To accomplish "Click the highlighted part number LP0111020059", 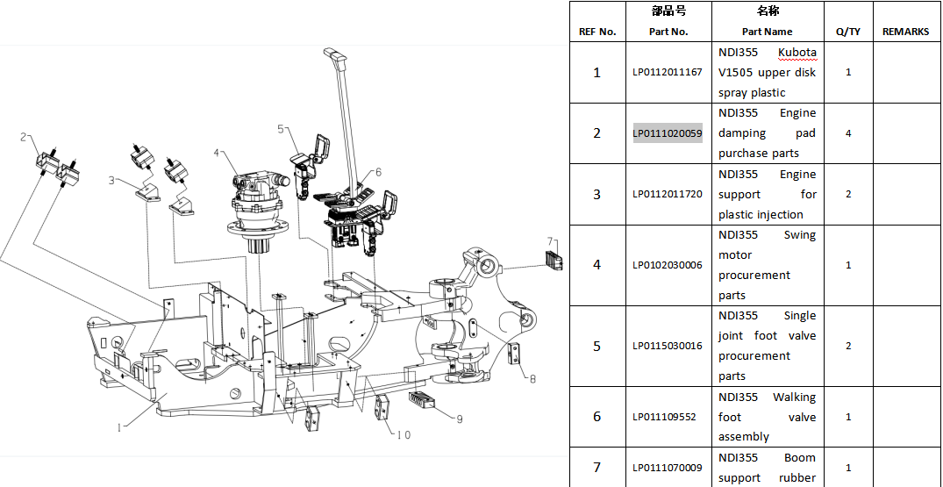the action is (668, 132).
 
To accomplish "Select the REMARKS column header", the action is (905, 32).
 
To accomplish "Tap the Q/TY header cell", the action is (848, 32).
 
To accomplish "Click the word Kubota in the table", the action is (797, 53).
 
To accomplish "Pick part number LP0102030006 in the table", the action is (668, 264).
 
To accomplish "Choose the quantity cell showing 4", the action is (848, 133).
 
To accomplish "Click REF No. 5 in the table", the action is (597, 347).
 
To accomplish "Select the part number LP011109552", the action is (665, 417).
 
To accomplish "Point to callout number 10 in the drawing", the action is (404, 434).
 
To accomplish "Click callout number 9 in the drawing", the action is (459, 419).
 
